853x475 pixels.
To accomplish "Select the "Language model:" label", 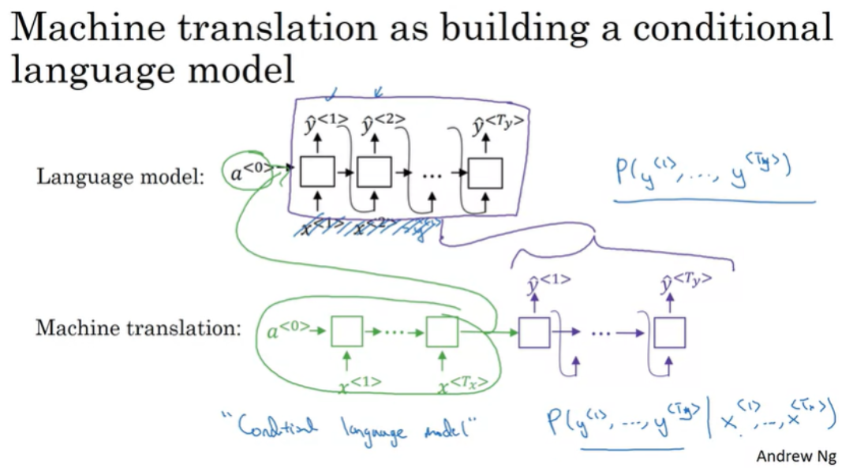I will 120,176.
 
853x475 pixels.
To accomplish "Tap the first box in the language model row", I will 318,172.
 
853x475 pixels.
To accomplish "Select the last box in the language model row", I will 485,172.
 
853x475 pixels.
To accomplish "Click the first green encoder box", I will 346,331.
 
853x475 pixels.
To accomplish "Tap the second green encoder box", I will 442,331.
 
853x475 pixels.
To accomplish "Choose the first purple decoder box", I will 534,331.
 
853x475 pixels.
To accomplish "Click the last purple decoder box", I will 669,331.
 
